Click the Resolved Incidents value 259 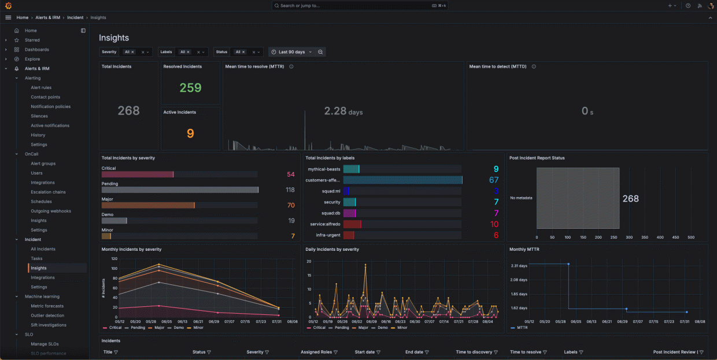[190, 88]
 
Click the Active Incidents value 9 [190, 133]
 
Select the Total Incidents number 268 [129, 110]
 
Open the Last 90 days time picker [292, 52]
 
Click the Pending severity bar [180, 190]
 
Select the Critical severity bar [138, 175]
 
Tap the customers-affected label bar [402, 180]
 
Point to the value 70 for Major [291, 205]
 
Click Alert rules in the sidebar [41, 88]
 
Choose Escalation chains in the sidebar [48, 192]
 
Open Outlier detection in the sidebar [47, 316]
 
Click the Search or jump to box [358, 6]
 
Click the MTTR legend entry [522, 328]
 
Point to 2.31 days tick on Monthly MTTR [519, 266]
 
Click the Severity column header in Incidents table [255, 352]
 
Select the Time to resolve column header [526, 352]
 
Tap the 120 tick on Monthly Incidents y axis [114, 259]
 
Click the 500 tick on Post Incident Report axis [690, 237]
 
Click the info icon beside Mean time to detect [534, 66]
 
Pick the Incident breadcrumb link [75, 18]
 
